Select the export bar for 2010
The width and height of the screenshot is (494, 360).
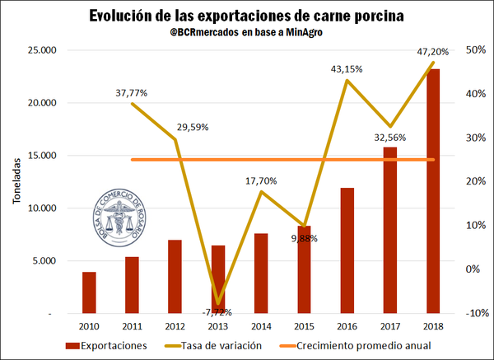[x=89, y=292]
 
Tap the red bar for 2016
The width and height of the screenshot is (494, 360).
[x=347, y=250]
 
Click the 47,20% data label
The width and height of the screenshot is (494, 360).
[x=433, y=51]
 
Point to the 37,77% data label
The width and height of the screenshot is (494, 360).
[x=132, y=93]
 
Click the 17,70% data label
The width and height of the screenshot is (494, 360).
[x=261, y=180]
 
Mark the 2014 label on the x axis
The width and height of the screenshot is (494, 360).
[x=261, y=327]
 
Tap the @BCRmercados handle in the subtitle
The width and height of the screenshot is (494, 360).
[x=195, y=35]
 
